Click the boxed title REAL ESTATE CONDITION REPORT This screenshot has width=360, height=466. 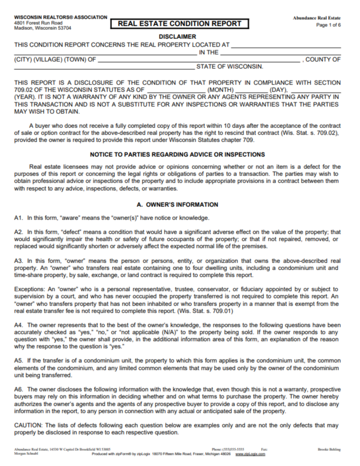(x=183, y=24)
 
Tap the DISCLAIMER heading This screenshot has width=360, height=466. (x=177, y=37)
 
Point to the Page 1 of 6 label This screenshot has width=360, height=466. (x=329, y=25)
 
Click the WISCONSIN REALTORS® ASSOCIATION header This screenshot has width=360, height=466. (x=61, y=17)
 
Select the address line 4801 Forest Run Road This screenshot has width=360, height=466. (x=38, y=23)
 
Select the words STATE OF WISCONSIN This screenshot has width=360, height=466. (x=230, y=66)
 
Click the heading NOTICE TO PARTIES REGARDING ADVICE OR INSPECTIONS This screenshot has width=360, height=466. (x=177, y=154)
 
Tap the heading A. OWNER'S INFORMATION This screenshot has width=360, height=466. (x=177, y=205)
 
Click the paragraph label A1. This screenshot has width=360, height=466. (x=19, y=218)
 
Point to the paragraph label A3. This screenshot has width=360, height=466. (x=19, y=261)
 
